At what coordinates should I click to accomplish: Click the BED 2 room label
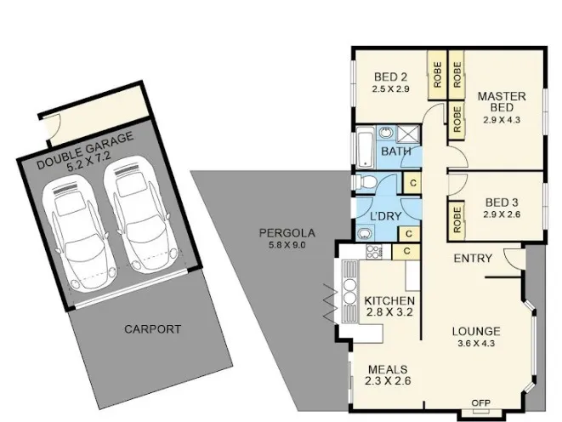pyautogui.click(x=390, y=77)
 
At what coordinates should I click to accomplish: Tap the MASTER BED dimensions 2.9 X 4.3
pyautogui.click(x=502, y=120)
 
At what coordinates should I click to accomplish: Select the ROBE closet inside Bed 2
pyautogui.click(x=437, y=75)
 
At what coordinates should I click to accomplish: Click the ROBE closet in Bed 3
pyautogui.click(x=457, y=220)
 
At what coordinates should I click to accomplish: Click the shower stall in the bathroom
pyautogui.click(x=408, y=134)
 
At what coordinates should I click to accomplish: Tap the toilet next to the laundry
pyautogui.click(x=365, y=182)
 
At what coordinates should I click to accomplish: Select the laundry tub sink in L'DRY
pyautogui.click(x=365, y=234)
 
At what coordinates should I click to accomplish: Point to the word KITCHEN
pyautogui.click(x=389, y=300)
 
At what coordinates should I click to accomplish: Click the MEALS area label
pyautogui.click(x=388, y=369)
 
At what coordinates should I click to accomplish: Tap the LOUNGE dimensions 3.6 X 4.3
pyautogui.click(x=476, y=344)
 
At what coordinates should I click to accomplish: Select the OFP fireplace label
pyautogui.click(x=480, y=402)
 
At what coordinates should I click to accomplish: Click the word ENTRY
pyautogui.click(x=473, y=258)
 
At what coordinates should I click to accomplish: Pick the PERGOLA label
pyautogui.click(x=287, y=233)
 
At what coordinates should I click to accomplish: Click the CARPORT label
pyautogui.click(x=153, y=329)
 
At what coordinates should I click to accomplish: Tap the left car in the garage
pyautogui.click(x=79, y=232)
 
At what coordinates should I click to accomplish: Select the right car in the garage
pyautogui.click(x=140, y=214)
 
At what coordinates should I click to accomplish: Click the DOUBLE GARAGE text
pyautogui.click(x=85, y=150)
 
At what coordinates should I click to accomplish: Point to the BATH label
pyautogui.click(x=395, y=151)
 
